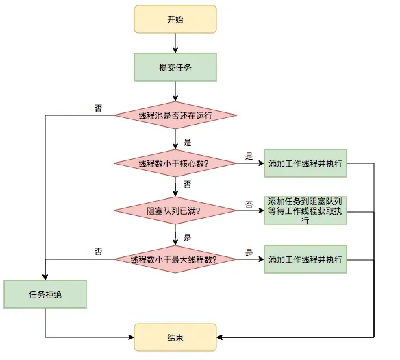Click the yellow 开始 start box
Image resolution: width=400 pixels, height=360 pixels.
coord(175,19)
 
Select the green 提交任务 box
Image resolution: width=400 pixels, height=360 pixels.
coord(175,67)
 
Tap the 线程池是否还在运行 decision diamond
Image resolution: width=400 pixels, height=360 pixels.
coord(175,115)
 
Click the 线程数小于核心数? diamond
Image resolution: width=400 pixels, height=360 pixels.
coord(175,163)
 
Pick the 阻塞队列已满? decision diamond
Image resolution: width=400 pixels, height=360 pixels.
coord(175,211)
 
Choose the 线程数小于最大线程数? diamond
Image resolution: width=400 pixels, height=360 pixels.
coord(175,259)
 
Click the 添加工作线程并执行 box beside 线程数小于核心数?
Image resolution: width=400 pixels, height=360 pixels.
coord(305,163)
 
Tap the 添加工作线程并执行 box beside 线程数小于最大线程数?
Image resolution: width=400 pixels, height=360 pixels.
coord(305,259)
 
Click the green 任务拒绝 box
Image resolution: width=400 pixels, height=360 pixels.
coord(45,295)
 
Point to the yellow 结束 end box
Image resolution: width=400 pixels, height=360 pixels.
coord(175,337)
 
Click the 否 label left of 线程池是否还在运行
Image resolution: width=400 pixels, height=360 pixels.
coord(99,108)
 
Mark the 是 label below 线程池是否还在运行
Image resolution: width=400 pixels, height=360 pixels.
coord(188,143)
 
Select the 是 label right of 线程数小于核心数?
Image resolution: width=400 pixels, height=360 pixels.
coord(249,156)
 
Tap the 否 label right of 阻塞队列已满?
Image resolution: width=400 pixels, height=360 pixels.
coord(249,204)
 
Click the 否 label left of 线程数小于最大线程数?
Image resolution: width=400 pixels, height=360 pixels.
coord(99,252)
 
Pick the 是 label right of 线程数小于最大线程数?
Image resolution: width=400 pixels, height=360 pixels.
coord(249,252)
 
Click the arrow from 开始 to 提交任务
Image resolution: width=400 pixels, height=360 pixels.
coord(175,43)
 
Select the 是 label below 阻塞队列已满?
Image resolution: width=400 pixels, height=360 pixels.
coord(188,238)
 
